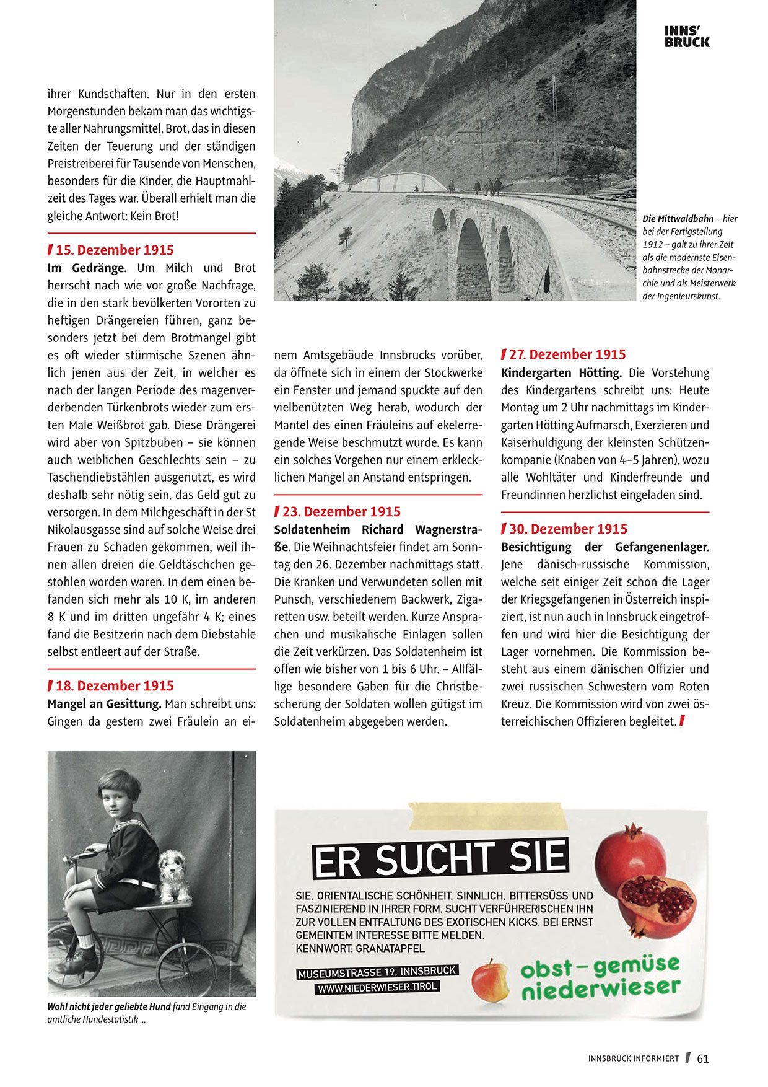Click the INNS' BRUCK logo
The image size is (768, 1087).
tap(687, 37)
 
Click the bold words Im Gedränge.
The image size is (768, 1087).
tap(87, 268)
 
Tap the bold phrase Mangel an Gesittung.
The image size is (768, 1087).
tap(104, 704)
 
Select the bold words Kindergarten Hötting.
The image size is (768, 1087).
tap(561, 373)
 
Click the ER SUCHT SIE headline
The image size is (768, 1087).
tap(440, 860)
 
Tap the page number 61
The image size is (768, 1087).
tap(702, 1059)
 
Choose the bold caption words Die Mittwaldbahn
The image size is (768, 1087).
tap(678, 219)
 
